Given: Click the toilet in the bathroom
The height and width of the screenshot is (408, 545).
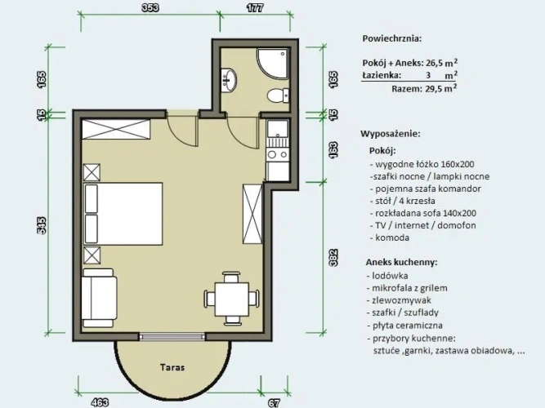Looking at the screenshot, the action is pyautogui.click(x=278, y=95).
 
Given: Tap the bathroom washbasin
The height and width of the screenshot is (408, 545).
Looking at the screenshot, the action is pyautogui.click(x=229, y=80).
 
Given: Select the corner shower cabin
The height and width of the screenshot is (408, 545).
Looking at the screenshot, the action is pyautogui.click(x=273, y=63).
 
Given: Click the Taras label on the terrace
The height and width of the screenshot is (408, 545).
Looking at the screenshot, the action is pyautogui.click(x=172, y=367).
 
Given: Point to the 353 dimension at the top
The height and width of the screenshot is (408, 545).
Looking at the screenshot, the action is pyautogui.click(x=150, y=8).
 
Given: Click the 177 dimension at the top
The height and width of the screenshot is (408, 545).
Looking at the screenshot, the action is pyautogui.click(x=255, y=8).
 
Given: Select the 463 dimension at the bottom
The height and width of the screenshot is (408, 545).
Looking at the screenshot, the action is pyautogui.click(x=100, y=403).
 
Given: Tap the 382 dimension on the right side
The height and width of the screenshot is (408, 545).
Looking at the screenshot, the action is pyautogui.click(x=333, y=258).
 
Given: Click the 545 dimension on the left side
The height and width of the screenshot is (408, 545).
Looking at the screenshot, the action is pyautogui.click(x=42, y=226).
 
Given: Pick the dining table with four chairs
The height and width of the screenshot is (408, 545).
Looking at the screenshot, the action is pyautogui.click(x=231, y=299).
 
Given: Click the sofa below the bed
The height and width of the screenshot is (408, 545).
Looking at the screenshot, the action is pyautogui.click(x=99, y=298).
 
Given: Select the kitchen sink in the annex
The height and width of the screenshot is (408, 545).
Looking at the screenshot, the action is pyautogui.click(x=277, y=129).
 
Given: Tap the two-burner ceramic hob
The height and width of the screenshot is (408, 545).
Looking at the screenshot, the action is pyautogui.click(x=277, y=155).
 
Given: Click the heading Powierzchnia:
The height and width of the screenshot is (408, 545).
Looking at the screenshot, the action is pyautogui.click(x=391, y=38).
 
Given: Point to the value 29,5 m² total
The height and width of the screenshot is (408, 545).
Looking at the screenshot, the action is pyautogui.click(x=441, y=88).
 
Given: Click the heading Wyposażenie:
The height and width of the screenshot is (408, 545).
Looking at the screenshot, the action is pyautogui.click(x=391, y=134).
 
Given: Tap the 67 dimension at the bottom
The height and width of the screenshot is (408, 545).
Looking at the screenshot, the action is pyautogui.click(x=274, y=403).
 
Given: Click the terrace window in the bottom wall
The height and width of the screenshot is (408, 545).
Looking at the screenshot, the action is pyautogui.click(x=172, y=336).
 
